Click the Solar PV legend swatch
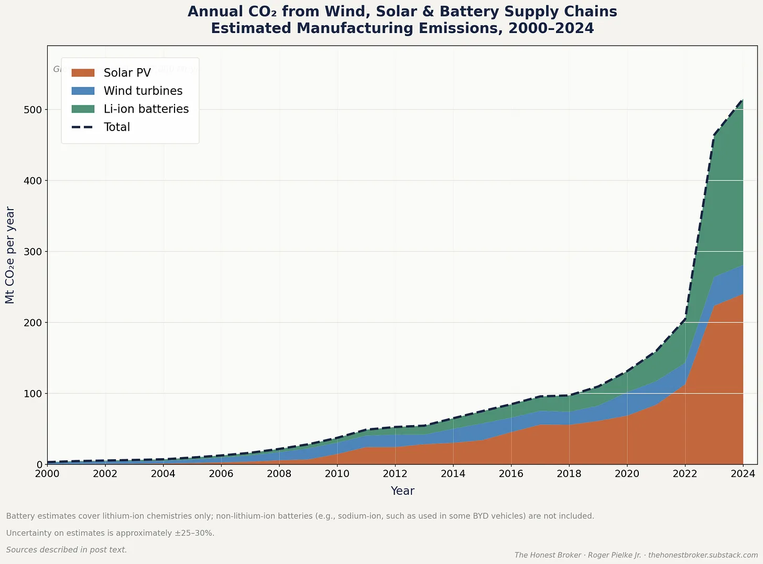[83, 73]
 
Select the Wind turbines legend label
[143, 91]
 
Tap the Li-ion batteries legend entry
[146, 109]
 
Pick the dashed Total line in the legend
[83, 127]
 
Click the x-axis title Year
[402, 491]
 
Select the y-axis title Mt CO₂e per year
[10, 255]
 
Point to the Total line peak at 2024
[743, 100]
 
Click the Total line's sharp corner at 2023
[714, 135]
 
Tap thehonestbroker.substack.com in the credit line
[703, 555]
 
